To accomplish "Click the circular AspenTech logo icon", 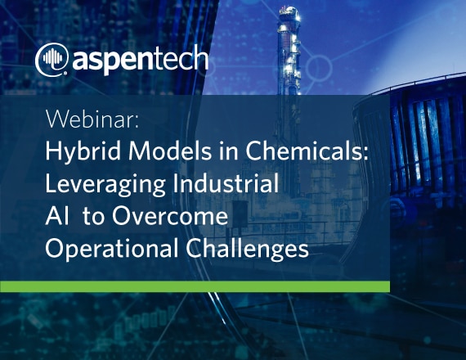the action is [52, 59].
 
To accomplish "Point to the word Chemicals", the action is [304, 151].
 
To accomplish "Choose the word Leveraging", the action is [105, 185].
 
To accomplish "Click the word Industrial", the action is [226, 183].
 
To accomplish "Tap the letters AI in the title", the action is [57, 216].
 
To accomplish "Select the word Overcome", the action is [170, 216].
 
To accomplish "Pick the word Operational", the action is [112, 250].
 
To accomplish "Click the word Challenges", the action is [247, 250].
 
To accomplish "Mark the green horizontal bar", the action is [195, 286].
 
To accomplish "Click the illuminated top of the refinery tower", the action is [289, 13].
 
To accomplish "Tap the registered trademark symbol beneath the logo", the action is [65, 73].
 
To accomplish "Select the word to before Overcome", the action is [93, 217].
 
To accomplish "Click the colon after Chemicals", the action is [365, 154].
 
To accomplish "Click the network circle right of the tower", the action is [320, 67].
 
